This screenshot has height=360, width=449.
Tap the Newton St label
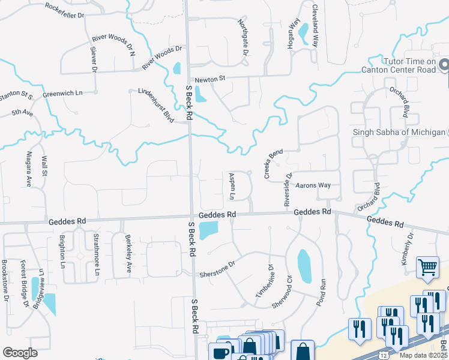coord(208,79)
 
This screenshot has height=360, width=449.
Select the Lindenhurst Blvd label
coord(155,106)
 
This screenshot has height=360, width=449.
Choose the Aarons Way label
coord(313,185)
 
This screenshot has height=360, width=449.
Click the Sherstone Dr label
coord(217,266)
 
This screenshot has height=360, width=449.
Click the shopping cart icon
coord(427,267)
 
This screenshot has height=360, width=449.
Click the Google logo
coord(20,352)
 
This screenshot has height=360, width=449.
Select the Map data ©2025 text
coord(423,355)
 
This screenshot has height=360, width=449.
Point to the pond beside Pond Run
coord(304,266)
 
